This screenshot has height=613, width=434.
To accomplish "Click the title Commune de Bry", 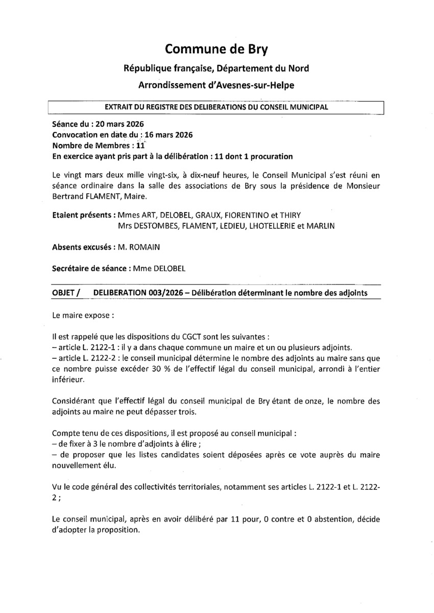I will [x=216, y=49].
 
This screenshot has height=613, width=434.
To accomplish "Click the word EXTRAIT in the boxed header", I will [x=119, y=107].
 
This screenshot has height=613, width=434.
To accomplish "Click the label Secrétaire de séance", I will [x=83, y=268].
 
